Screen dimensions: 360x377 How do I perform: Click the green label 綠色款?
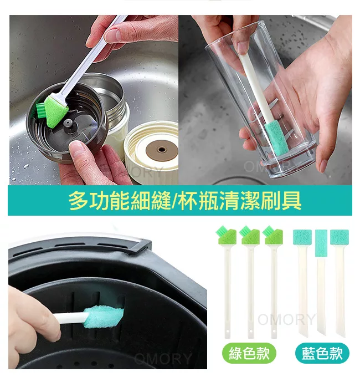[249, 353]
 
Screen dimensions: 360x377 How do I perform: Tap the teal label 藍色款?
[322, 353]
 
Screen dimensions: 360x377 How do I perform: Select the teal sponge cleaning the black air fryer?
[104, 317]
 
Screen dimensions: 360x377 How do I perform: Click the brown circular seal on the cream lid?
[162, 150]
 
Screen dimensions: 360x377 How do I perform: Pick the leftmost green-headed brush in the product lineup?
[227, 281]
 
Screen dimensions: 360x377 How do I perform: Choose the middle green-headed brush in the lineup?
[250, 281]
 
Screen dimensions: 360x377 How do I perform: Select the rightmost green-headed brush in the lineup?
[274, 281]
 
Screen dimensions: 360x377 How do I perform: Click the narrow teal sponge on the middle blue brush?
[321, 243]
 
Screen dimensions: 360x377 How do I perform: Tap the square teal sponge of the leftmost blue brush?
[302, 237]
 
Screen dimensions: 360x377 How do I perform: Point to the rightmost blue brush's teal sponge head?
[340, 237]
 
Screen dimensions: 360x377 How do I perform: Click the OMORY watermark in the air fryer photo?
[163, 359]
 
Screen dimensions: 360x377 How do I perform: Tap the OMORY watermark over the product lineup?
[286, 319]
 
